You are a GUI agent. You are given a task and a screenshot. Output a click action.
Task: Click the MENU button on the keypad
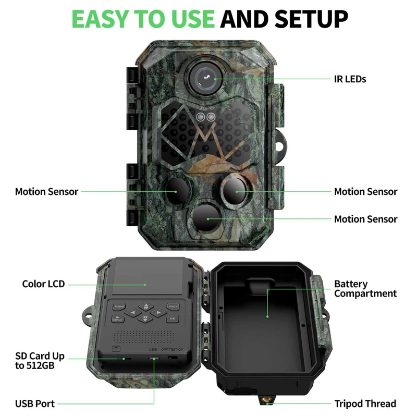[119, 307]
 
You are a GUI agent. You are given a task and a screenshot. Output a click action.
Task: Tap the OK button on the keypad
[173, 318]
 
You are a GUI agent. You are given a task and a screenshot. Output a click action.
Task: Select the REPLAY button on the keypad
[118, 318]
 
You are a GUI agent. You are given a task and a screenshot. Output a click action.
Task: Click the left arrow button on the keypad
[133, 313]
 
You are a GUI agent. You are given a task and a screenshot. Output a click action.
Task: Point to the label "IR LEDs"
[350, 79]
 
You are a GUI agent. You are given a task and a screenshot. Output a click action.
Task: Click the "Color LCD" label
[43, 284]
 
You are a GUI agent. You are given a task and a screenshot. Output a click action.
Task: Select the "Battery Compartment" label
[365, 289]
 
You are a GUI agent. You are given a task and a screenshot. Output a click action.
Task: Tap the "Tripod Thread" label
[365, 403]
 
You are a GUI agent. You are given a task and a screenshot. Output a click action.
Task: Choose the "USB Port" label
[35, 403]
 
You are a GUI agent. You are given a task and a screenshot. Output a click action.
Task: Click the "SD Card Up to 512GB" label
[40, 361]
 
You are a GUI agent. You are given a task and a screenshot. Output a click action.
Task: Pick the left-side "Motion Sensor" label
[46, 191]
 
